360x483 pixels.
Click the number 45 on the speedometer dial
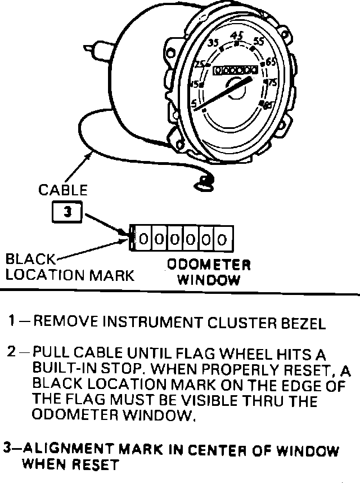point(237,35)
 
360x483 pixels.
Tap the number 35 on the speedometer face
point(213,43)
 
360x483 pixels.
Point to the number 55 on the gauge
point(259,41)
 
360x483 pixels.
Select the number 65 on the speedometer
point(271,62)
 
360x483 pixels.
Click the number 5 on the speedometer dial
point(194,104)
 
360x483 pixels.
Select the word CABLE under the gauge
point(62,190)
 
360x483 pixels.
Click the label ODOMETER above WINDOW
point(209,265)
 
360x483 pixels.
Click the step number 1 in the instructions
point(12,323)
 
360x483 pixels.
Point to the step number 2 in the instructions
point(12,353)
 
